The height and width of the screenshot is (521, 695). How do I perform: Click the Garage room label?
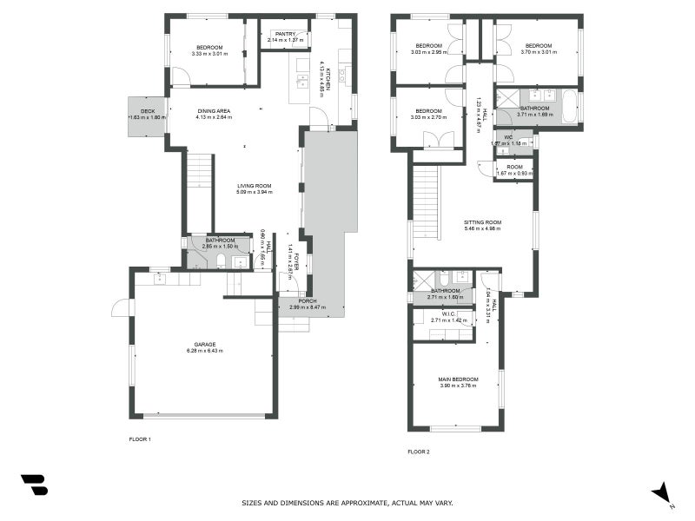[205, 344]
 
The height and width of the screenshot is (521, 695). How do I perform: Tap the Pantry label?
[286, 34]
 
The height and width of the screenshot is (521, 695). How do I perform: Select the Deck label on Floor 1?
[148, 110]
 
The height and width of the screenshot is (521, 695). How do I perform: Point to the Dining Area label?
[213, 110]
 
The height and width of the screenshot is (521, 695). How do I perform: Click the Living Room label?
[255, 185]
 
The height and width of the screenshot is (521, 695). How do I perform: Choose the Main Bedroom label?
[458, 379]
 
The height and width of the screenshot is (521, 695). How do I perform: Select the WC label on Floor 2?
[509, 136]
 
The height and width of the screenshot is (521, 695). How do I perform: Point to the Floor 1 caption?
[140, 439]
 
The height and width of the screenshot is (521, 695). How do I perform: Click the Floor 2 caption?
[419, 452]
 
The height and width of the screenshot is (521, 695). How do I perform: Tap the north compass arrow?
[663, 492]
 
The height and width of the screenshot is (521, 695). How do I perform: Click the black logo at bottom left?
[34, 485]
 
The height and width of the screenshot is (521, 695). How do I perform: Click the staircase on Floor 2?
[425, 201]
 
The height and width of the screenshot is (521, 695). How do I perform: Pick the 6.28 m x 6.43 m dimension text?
[205, 351]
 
